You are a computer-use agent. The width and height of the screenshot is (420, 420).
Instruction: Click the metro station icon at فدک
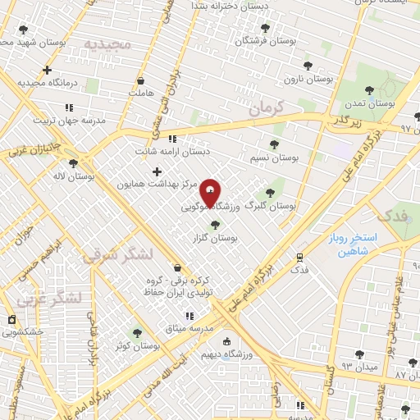(300, 257)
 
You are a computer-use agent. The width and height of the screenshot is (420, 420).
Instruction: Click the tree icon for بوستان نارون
(308, 66)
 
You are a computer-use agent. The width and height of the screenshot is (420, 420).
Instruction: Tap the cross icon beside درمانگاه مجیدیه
(47, 71)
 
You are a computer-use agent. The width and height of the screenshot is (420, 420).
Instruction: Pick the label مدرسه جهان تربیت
(70, 120)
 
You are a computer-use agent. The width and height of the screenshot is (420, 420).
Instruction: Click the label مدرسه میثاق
(189, 328)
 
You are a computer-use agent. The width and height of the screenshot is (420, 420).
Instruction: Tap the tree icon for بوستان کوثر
(136, 333)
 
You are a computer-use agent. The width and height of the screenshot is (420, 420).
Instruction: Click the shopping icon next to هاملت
(141, 80)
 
